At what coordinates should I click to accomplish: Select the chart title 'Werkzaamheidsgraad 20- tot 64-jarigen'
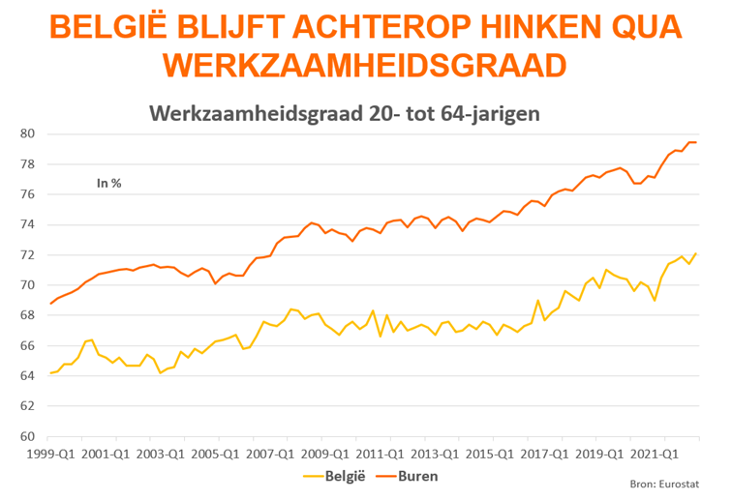(344, 114)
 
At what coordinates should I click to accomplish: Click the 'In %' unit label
(109, 181)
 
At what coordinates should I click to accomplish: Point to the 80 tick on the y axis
(26, 133)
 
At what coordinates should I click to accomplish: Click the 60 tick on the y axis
(26, 436)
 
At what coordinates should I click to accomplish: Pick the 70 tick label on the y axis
(26, 285)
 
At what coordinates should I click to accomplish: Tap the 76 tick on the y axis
(26, 194)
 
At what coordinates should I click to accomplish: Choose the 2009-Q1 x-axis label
(322, 452)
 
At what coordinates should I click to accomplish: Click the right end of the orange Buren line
(696, 142)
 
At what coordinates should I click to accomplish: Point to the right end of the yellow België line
(696, 253)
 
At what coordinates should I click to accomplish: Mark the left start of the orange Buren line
(50, 304)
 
